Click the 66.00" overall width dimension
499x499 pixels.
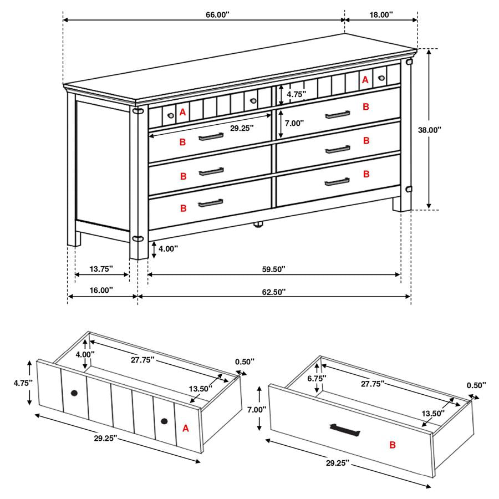(x=217, y=14)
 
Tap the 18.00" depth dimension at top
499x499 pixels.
(x=381, y=14)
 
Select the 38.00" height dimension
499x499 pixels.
(x=430, y=130)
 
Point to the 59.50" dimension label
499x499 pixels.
(x=274, y=269)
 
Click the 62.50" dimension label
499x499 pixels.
(x=274, y=292)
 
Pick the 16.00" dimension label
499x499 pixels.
(x=101, y=290)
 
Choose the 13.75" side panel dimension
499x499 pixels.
(x=101, y=269)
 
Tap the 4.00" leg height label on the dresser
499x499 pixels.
(x=168, y=248)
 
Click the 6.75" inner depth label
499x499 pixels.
(x=317, y=378)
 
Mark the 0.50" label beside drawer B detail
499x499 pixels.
(x=476, y=385)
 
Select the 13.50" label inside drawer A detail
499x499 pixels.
(x=201, y=389)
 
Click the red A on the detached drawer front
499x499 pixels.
(x=186, y=429)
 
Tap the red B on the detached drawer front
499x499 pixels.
(x=393, y=445)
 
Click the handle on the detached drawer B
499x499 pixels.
(x=345, y=430)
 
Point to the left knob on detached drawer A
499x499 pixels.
(x=74, y=393)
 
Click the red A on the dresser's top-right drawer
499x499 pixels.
(x=365, y=79)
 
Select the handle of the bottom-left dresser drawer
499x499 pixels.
(x=211, y=203)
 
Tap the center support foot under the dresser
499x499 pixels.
(x=258, y=225)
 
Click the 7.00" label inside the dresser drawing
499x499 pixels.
(x=294, y=123)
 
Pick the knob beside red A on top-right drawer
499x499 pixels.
(x=381, y=78)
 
